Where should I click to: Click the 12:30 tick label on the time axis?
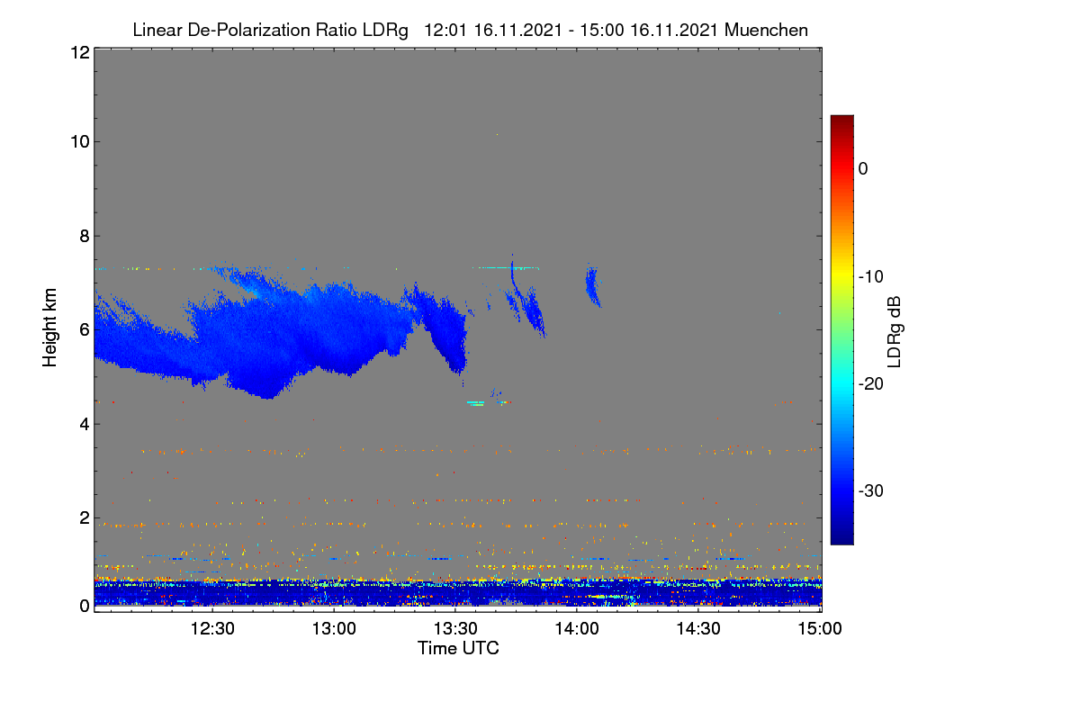click(212, 628)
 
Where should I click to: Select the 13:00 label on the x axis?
click(334, 628)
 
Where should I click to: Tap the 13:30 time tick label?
click(455, 628)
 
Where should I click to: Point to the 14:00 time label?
click(577, 628)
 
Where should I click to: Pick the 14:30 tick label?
click(698, 628)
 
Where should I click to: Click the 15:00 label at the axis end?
click(820, 628)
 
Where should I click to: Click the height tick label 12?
click(80, 52)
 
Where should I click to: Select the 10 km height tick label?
click(80, 142)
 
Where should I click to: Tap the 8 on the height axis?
click(85, 236)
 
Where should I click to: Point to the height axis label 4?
click(85, 424)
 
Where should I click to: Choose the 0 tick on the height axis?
click(85, 606)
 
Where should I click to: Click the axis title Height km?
click(49, 328)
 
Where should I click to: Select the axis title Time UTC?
click(458, 648)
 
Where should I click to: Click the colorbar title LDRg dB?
click(894, 332)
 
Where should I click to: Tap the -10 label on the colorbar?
click(871, 277)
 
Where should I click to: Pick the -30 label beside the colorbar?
click(871, 490)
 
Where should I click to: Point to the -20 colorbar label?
click(871, 384)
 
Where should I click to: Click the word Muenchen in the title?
click(766, 30)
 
